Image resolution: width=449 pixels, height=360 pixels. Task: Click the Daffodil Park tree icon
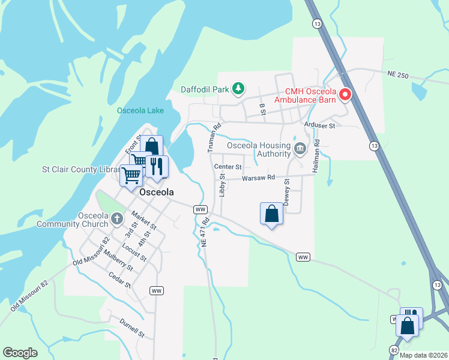point(238,89)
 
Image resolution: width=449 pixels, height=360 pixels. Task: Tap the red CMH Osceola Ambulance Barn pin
point(345,95)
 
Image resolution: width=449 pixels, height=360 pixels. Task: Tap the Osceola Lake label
point(140,110)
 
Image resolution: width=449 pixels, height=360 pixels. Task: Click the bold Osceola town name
point(156,193)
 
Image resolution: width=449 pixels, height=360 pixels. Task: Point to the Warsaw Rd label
point(258,178)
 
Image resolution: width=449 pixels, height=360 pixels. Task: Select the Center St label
point(228,167)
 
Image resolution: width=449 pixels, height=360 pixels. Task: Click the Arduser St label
point(319,125)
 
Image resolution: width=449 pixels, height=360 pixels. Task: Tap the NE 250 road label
point(397,75)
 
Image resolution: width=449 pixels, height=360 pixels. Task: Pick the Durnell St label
point(131,327)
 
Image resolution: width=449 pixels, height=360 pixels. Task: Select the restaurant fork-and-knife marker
point(156,166)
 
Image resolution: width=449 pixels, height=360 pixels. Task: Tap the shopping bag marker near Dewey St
point(271,214)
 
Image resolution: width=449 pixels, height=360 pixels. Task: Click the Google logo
point(20,353)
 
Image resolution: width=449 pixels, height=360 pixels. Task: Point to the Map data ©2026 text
point(423,355)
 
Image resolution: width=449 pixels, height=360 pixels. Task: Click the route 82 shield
point(394,349)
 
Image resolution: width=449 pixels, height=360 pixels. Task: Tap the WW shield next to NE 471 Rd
point(200,209)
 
